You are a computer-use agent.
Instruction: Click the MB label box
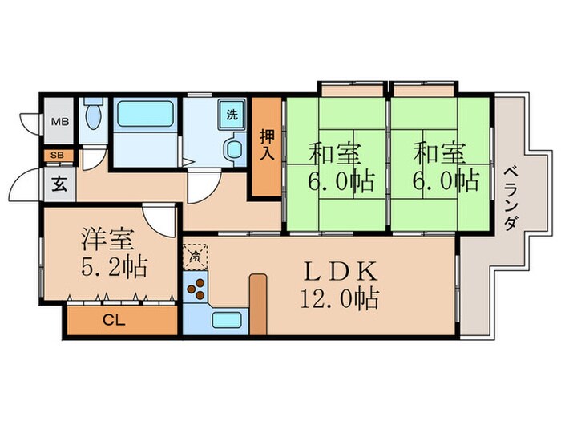pos(59,122)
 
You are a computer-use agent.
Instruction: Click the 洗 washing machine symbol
pos(232,114)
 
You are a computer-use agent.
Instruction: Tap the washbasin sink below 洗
pos(234,148)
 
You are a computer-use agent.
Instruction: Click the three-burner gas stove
pos(196,288)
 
